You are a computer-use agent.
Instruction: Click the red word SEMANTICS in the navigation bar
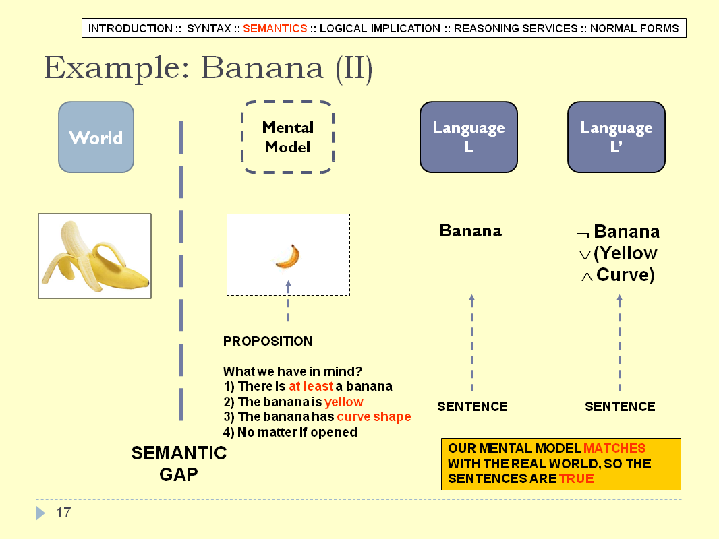tap(275, 28)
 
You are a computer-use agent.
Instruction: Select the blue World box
tap(96, 137)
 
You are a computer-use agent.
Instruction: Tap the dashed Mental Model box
tap(287, 137)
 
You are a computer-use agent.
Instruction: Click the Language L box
tap(469, 137)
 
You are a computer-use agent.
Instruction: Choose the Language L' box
tap(616, 137)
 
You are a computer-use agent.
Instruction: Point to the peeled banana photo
tap(95, 256)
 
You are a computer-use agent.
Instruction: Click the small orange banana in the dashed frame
tap(288, 256)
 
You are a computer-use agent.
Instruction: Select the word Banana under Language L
tap(471, 230)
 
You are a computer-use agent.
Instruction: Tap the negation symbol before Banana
tap(583, 234)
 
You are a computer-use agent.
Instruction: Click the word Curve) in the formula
tap(625, 275)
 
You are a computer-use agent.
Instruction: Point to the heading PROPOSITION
tap(268, 341)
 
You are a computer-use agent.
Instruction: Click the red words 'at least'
tap(311, 387)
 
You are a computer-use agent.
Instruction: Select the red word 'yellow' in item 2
tap(344, 402)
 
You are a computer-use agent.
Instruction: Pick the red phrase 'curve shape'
tap(374, 417)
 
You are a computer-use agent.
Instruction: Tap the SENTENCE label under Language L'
tap(620, 406)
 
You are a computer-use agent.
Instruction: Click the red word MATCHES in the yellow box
tap(614, 448)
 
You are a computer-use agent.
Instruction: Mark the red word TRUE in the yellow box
tap(577, 478)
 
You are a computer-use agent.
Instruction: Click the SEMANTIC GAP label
tap(179, 464)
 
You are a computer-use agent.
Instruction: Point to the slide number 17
tap(63, 513)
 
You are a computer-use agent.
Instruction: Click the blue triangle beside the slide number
tap(40, 513)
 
